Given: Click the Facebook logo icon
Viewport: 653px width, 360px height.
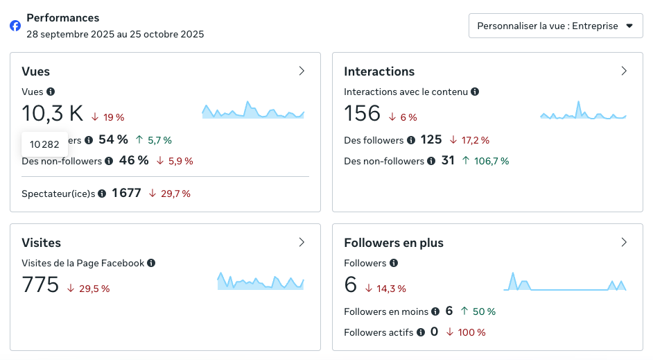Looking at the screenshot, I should [15, 26].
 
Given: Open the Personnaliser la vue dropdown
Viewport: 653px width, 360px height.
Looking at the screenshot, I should [555, 26].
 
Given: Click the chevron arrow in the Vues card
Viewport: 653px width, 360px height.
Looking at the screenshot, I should [302, 71].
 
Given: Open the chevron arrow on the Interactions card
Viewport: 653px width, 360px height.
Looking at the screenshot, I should [624, 71].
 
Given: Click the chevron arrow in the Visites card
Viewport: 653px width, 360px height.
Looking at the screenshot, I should [302, 242].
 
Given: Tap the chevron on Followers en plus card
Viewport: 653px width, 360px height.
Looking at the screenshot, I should [624, 242].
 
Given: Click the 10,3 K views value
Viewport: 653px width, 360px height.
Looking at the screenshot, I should [53, 113].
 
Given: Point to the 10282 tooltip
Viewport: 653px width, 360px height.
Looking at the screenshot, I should [44, 144].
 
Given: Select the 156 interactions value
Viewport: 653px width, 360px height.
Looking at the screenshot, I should [362, 113].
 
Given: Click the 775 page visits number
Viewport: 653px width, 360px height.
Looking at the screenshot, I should [40, 284].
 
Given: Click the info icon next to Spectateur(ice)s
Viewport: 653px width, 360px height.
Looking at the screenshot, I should [102, 194].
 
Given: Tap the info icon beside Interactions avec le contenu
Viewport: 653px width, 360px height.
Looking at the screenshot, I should [475, 92].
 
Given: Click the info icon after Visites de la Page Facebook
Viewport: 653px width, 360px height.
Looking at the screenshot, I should [151, 263].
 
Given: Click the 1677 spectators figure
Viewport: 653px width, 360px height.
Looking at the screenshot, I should [126, 193].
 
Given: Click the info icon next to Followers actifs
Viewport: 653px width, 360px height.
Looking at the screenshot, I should [420, 332].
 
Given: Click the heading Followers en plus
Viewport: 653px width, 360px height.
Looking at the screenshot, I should [394, 243].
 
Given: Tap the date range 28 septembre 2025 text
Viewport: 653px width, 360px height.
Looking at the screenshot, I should [115, 33].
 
